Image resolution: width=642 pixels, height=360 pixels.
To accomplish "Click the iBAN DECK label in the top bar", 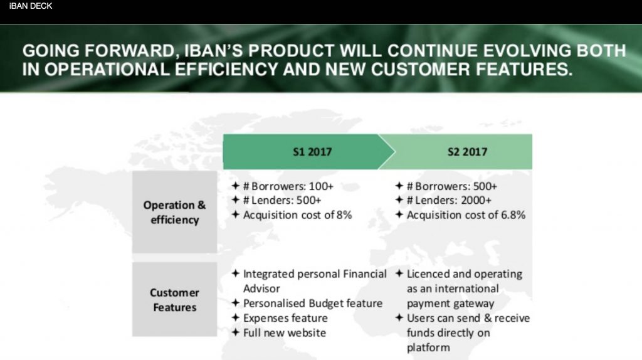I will (x=31, y=6).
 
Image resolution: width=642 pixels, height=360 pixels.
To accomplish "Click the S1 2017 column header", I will (x=312, y=152).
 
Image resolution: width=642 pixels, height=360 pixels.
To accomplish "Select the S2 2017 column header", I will (x=468, y=152).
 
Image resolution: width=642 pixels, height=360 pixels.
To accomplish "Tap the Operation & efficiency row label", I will (x=174, y=213).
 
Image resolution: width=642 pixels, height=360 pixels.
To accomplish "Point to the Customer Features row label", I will (x=174, y=300).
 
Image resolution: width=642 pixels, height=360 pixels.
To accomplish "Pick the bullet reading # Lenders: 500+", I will (x=282, y=201).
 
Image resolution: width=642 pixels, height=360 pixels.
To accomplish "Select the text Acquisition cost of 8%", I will (x=297, y=215).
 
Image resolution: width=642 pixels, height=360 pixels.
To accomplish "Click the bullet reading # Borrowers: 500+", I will (x=451, y=186).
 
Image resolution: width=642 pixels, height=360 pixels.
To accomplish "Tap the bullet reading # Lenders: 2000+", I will (x=449, y=201).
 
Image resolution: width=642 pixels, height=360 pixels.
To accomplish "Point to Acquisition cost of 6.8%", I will (x=466, y=215).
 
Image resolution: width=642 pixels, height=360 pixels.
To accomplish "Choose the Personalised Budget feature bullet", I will (x=312, y=304).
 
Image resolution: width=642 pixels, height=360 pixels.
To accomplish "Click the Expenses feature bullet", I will (x=285, y=318).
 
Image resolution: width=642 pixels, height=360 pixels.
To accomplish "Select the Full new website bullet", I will (x=284, y=332).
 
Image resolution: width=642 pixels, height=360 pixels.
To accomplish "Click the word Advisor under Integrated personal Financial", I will (x=261, y=289).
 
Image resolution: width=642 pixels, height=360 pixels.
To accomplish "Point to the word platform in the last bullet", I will (x=428, y=347).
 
